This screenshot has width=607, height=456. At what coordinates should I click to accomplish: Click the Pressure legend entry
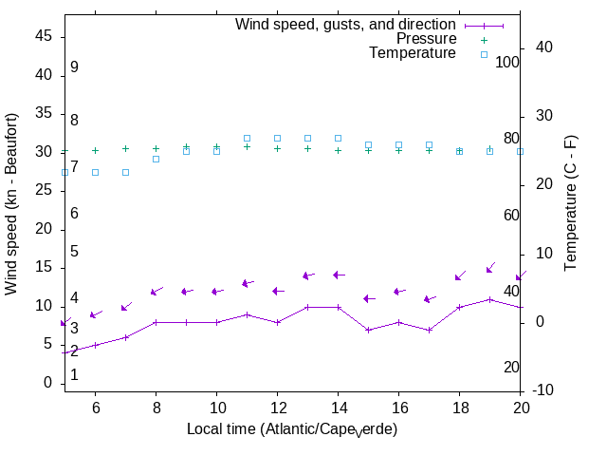[x=426, y=39]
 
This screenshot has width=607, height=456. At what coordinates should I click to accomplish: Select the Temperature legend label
[x=413, y=53]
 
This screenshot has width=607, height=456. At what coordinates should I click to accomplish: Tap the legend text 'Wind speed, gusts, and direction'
[x=345, y=24]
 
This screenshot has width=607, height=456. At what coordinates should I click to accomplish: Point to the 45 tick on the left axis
[x=44, y=35]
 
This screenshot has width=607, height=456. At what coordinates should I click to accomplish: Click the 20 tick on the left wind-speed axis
[x=44, y=229]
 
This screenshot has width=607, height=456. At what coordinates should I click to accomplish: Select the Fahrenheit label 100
[x=508, y=62]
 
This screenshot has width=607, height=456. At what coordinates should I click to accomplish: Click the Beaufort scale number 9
[x=74, y=67]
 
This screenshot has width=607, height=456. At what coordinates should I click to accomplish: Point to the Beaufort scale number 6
[x=74, y=214]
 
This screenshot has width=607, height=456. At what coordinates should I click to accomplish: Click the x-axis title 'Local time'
[x=291, y=429]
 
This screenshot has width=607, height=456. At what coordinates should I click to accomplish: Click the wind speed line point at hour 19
[x=489, y=299]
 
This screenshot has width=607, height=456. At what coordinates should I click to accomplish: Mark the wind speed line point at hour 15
[x=368, y=330]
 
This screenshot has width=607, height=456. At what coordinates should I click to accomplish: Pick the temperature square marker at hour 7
[x=125, y=172]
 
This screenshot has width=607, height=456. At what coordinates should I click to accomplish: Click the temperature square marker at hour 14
[x=338, y=138]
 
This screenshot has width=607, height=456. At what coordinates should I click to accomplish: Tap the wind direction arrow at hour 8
[x=156, y=291]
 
